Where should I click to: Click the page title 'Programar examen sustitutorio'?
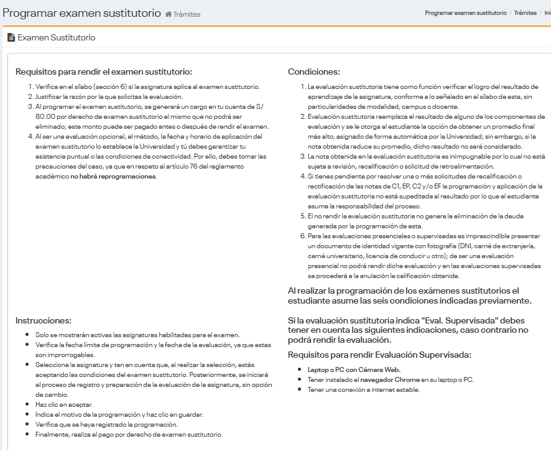81,13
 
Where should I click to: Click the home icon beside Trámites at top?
169,14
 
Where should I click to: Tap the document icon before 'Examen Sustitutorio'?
11,38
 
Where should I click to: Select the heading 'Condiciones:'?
313,72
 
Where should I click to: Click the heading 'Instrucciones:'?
44,320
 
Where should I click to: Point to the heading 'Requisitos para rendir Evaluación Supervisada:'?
379,355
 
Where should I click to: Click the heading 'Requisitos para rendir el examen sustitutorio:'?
104,72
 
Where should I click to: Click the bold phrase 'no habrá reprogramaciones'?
113,176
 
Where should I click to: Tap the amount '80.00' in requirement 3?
45,116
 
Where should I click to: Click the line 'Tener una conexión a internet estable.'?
364,389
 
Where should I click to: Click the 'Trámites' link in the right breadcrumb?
525,13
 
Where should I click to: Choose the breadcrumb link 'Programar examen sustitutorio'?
466,13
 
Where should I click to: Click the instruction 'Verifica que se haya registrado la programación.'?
106,424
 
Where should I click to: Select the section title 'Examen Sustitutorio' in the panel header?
57,38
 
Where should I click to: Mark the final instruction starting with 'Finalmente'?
129,434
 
